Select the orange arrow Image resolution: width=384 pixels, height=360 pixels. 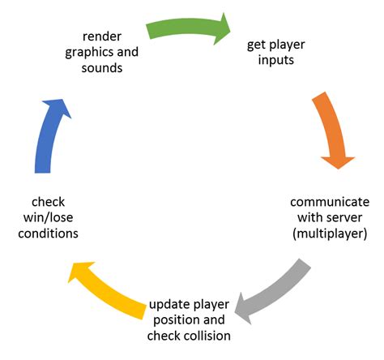pos(330,130)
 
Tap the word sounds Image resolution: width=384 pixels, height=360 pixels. pos(103,68)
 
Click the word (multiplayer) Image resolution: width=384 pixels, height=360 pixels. pos(329,234)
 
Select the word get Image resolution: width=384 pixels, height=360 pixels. pos(257,45)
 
